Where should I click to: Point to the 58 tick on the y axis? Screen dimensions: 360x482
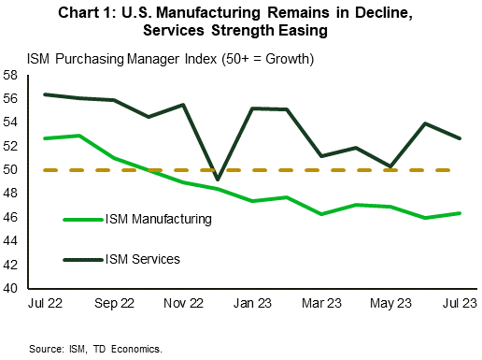click(13, 75)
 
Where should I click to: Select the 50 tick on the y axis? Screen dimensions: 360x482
click(13, 170)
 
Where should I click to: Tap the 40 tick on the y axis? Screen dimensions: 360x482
click(13, 289)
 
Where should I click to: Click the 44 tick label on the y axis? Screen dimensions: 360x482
click(13, 241)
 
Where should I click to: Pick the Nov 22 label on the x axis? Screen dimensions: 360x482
click(182, 305)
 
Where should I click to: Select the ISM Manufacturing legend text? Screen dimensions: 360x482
click(158, 219)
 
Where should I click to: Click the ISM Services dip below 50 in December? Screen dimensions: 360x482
click(218, 180)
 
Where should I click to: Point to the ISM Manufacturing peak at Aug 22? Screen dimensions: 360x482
click(78, 136)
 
